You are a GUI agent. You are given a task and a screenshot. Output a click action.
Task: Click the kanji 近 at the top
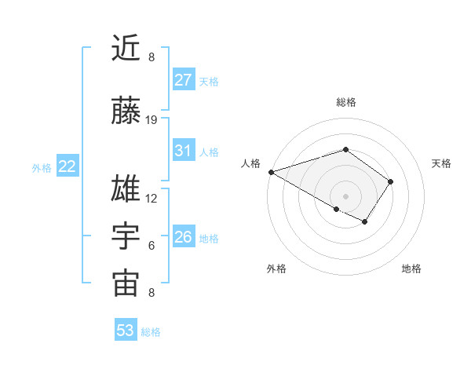click(x=126, y=49)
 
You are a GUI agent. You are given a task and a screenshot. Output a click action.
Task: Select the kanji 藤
click(x=126, y=111)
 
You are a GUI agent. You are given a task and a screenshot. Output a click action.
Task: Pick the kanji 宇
click(x=126, y=237)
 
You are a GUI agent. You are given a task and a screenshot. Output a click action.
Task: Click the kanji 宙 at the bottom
click(x=126, y=284)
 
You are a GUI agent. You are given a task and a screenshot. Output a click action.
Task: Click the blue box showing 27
click(x=183, y=80)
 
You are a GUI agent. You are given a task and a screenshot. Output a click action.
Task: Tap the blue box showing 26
click(x=183, y=237)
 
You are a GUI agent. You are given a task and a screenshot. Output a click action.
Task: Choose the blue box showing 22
click(x=68, y=166)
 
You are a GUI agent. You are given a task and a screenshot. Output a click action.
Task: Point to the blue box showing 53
click(x=126, y=331)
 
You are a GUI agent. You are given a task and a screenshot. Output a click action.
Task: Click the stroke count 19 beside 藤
click(x=152, y=120)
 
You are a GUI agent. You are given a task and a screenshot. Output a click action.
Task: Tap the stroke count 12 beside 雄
click(x=152, y=199)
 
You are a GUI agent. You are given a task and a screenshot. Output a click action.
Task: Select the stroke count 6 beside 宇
click(x=152, y=246)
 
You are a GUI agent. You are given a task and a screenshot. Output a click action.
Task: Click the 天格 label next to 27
click(x=209, y=81)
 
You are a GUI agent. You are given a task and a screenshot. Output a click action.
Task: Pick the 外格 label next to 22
click(x=42, y=167)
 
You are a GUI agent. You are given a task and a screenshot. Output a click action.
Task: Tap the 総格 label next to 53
click(x=151, y=331)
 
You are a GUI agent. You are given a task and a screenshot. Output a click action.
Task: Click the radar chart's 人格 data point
click(x=271, y=172)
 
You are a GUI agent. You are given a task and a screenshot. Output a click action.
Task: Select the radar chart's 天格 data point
click(x=390, y=181)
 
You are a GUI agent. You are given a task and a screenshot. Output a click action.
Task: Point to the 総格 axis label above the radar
click(x=345, y=102)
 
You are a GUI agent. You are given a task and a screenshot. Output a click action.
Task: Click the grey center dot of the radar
click(x=345, y=195)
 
